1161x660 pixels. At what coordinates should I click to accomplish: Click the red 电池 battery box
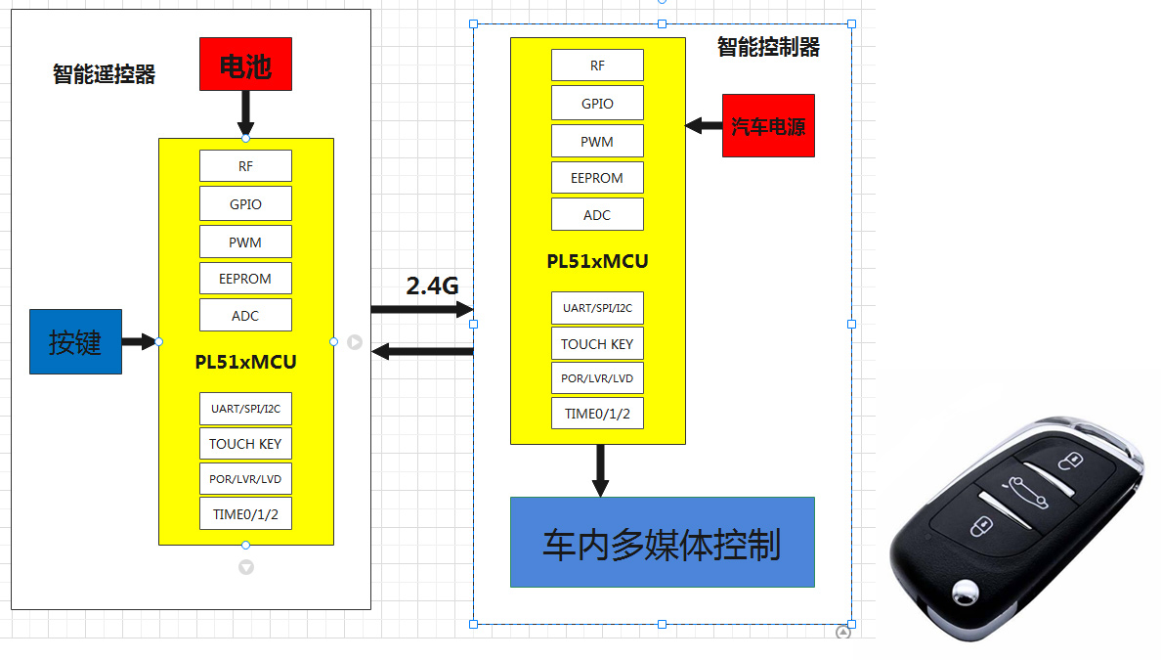245,65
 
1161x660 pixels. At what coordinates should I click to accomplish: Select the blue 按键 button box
75,341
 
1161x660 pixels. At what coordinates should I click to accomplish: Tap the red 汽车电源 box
768,126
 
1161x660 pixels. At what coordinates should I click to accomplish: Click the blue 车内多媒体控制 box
662,543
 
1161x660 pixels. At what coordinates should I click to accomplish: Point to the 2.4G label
432,286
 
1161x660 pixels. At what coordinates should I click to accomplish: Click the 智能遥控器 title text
105,74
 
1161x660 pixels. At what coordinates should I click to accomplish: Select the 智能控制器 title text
768,47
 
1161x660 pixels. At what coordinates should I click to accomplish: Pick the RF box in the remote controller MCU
245,166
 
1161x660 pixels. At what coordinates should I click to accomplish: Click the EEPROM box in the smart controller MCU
597,178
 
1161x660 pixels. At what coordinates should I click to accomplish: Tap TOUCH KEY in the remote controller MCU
245,444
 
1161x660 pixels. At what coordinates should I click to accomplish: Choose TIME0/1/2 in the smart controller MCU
597,414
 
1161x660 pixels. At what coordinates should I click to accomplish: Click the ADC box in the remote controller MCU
245,316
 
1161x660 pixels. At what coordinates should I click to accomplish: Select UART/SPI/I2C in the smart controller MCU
597,308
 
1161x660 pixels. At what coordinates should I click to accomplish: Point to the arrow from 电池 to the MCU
245,113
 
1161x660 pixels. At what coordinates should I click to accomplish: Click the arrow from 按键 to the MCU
139,342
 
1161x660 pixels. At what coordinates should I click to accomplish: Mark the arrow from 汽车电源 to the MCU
703,125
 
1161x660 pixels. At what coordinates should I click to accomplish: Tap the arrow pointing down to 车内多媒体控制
600,470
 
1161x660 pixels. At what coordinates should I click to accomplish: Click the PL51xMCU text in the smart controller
597,262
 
